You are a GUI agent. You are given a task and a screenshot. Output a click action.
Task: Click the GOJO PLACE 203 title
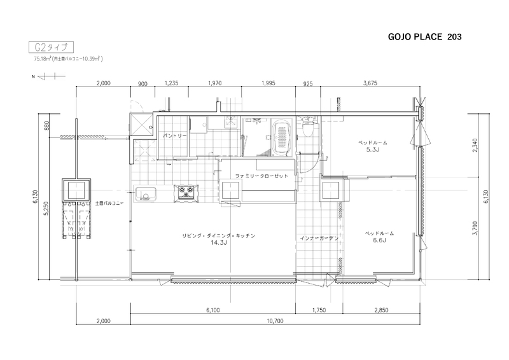click(424, 37)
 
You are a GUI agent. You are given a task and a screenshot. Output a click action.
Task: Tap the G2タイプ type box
click(52, 48)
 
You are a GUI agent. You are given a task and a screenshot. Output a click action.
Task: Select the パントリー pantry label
click(174, 135)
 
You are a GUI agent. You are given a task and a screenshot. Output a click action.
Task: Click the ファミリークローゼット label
click(261, 176)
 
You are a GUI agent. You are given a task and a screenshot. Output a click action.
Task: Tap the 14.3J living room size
click(218, 242)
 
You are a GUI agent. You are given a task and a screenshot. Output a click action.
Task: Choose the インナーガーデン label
click(319, 239)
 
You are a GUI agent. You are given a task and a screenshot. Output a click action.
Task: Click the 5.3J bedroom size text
click(372, 149)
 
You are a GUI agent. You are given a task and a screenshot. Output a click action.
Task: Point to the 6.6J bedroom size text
click(379, 240)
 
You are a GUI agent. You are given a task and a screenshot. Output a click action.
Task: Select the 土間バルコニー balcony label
click(109, 203)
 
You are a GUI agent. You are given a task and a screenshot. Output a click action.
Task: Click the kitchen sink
click(145, 194)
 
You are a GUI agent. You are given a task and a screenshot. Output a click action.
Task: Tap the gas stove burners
click(186, 191)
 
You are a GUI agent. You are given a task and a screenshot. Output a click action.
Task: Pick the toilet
click(307, 127)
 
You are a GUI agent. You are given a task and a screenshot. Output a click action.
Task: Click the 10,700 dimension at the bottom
click(275, 321)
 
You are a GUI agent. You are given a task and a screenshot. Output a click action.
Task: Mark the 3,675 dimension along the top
click(370, 83)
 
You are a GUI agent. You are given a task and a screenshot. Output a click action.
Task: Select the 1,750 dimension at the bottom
click(319, 310)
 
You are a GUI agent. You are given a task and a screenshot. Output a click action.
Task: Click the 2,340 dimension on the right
click(475, 146)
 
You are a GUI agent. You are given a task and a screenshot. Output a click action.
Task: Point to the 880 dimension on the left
click(46, 126)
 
